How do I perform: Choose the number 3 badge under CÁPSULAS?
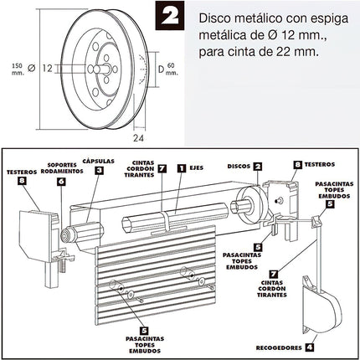pos(99,171)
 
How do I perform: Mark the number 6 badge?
pos(60,180)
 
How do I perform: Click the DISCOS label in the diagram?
pos(239,167)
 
